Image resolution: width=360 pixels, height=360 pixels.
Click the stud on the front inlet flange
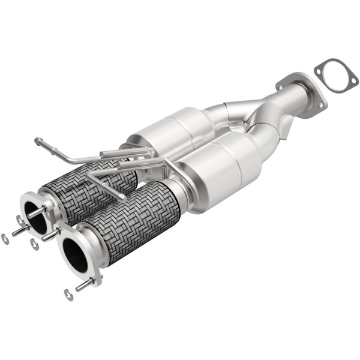click(x=84, y=284)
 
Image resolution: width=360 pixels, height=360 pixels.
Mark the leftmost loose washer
click(x=5, y=239)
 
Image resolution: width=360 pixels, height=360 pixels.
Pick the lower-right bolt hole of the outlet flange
click(x=316, y=110)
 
